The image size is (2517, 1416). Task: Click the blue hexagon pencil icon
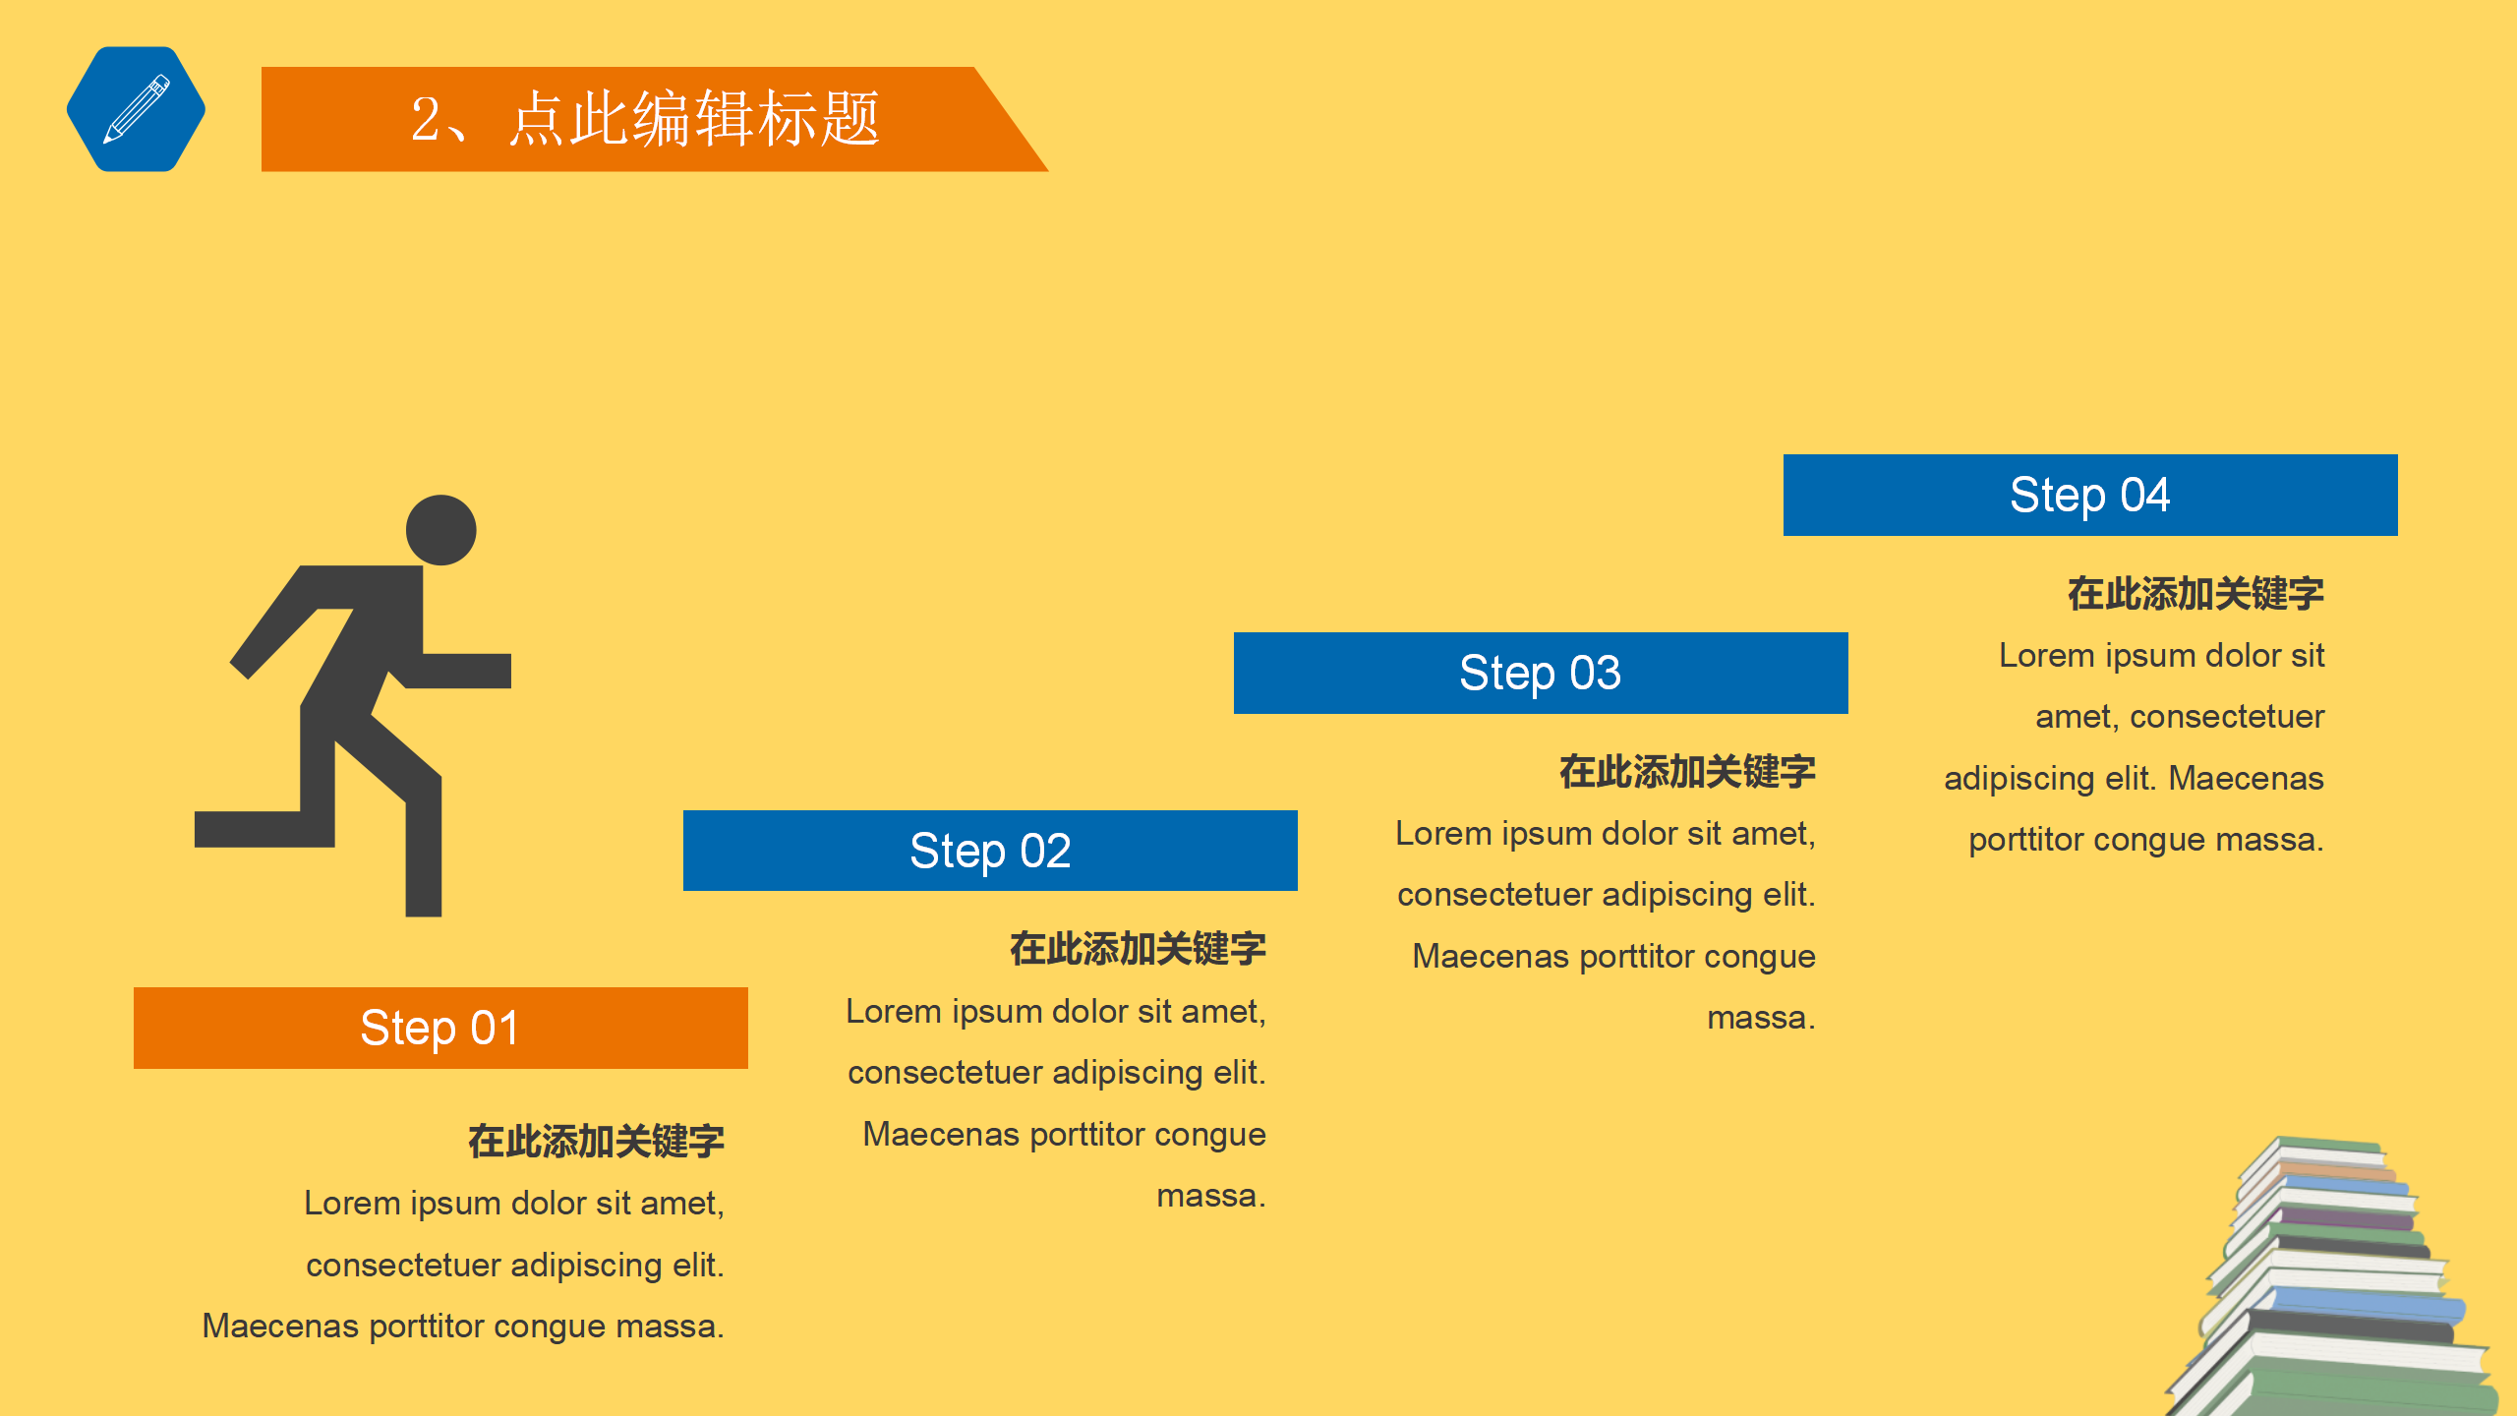pos(136,109)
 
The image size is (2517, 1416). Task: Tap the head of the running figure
pos(441,530)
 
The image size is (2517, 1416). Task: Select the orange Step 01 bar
pos(440,1028)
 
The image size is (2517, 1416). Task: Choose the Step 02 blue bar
pos(990,851)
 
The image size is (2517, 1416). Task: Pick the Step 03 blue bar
pos(1541,673)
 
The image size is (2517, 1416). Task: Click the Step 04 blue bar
pos(2090,495)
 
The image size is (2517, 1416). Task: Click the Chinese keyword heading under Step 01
pos(596,1142)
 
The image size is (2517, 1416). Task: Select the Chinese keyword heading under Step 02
pos(1138,949)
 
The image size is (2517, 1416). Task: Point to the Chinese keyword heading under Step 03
pos(1687,772)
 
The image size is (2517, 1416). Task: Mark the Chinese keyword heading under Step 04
pos(2195,594)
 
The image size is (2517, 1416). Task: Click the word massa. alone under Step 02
pos(1210,1196)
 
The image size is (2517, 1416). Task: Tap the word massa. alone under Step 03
pos(1760,1018)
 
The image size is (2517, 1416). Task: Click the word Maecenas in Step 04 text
pos(2246,779)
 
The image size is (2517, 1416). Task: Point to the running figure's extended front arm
pos(462,670)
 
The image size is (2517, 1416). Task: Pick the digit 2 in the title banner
pos(426,120)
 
